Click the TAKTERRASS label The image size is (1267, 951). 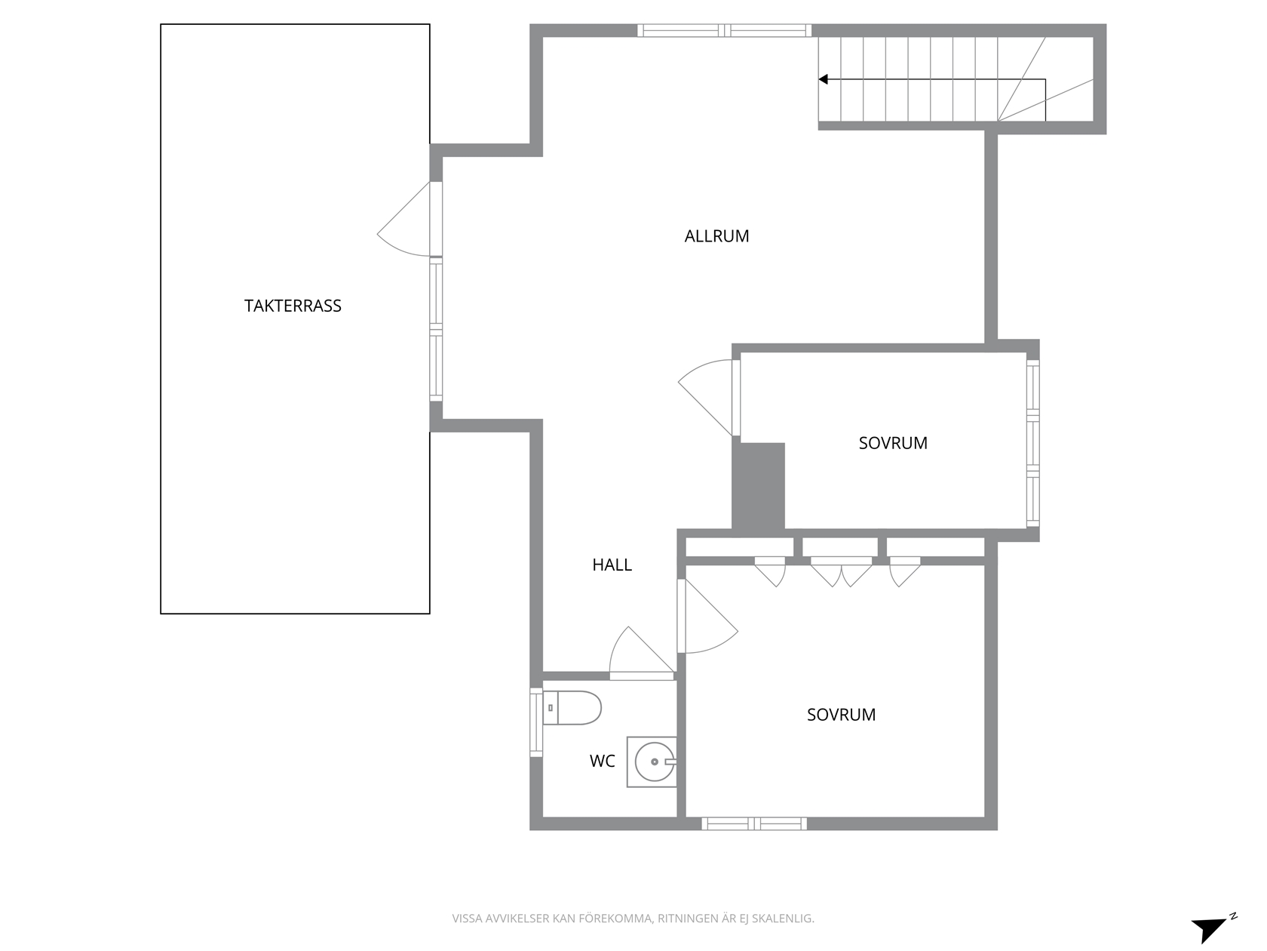point(293,306)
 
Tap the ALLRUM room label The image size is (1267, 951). point(716,235)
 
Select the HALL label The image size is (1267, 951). point(612,565)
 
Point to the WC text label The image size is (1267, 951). point(602,761)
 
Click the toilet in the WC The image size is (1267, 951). point(572,707)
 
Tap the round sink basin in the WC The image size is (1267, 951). point(655,762)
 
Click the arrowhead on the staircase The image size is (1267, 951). point(824,79)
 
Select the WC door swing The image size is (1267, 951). point(641,652)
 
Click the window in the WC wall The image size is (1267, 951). point(536,722)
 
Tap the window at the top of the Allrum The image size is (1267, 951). point(724,31)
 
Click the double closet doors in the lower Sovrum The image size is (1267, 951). point(841,571)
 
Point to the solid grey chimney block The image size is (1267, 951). point(758,485)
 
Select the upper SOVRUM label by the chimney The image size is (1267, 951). point(893,443)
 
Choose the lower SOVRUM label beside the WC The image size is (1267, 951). point(841,715)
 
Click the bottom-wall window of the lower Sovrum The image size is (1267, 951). point(754,824)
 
